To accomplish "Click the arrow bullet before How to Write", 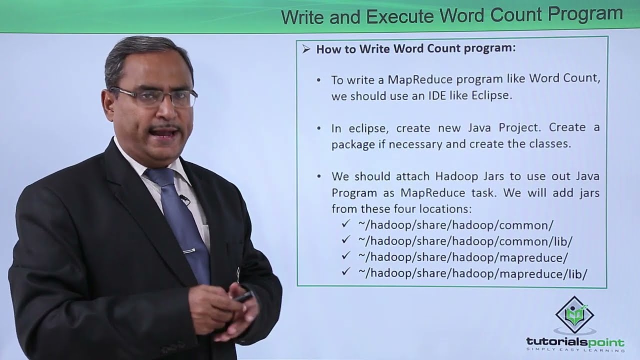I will coord(306,49).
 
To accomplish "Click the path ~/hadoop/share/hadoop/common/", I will coord(455,225).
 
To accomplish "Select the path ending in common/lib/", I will coord(465,241).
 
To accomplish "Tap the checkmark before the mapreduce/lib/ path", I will coord(345,272).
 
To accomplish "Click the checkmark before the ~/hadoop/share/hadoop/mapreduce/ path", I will coord(345,256).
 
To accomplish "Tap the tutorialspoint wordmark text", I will coord(575,342).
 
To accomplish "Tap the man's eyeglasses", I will coord(152,96).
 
